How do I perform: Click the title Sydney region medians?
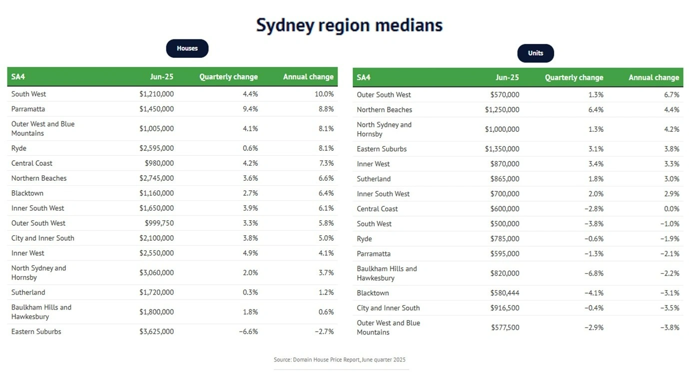click(349, 25)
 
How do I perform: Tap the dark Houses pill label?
click(187, 48)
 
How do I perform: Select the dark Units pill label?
click(535, 53)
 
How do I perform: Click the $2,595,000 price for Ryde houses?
click(156, 148)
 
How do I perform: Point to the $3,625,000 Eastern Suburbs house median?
click(156, 332)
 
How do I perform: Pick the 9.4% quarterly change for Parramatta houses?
click(250, 109)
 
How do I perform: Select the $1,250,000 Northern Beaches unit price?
click(502, 109)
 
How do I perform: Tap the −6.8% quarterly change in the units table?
click(594, 273)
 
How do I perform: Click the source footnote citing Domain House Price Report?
click(340, 360)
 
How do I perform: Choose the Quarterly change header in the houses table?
click(228, 77)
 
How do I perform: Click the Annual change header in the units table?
click(654, 77)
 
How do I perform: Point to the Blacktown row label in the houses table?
click(27, 193)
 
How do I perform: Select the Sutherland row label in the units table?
click(374, 179)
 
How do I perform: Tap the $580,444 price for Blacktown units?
click(504, 293)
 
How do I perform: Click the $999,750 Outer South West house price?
click(159, 223)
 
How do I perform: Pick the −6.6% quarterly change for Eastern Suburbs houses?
click(248, 332)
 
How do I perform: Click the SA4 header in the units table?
click(364, 77)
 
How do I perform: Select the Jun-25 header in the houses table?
click(162, 77)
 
